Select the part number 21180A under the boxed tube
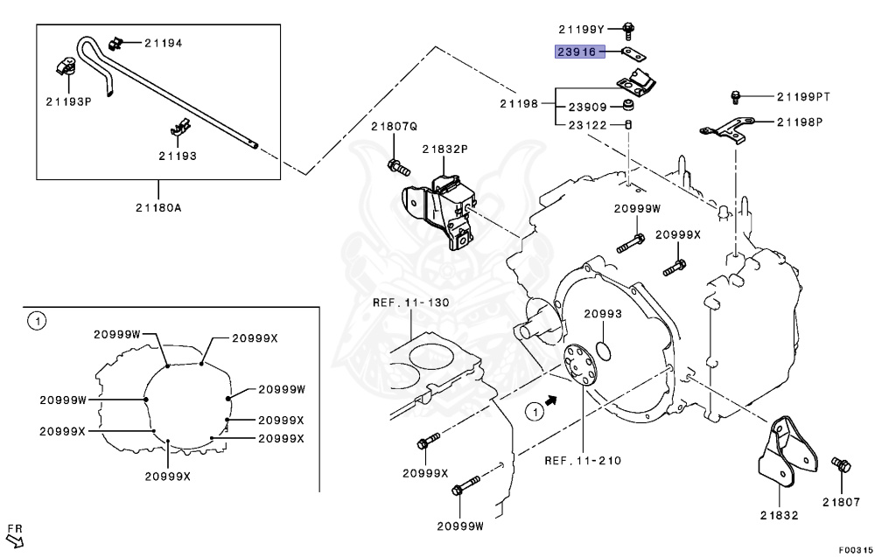coord(158,207)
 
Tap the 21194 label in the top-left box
coord(164,43)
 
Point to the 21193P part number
coord(69,101)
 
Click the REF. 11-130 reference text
coord(410,303)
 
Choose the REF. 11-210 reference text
coord(582,460)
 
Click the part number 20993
coord(603,313)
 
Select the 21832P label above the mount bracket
coord(444,150)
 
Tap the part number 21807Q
coord(394,126)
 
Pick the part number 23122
coord(588,124)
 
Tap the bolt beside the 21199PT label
coord(736,94)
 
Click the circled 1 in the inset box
coord(36,322)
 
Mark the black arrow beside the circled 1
coord(551,399)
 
